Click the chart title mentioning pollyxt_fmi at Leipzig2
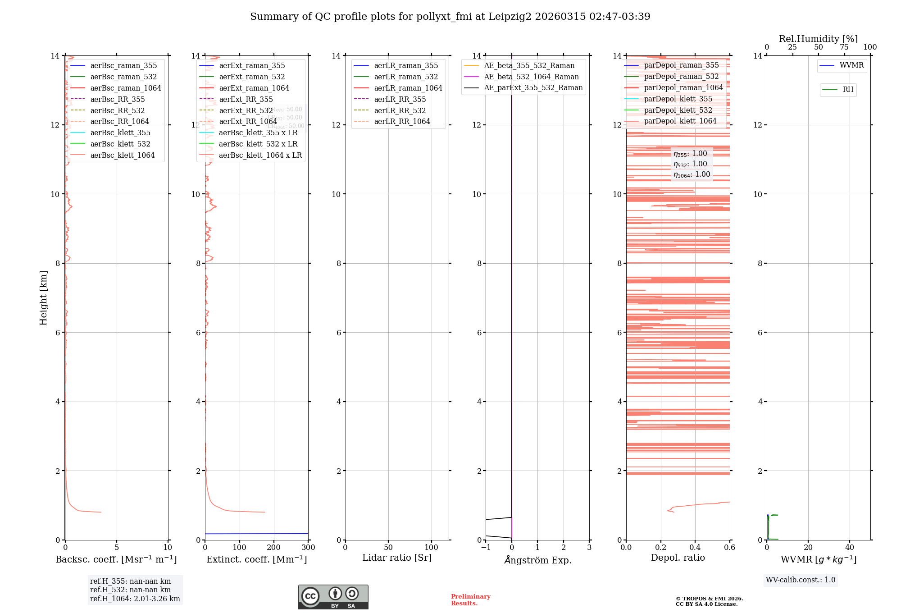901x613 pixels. pyautogui.click(x=450, y=17)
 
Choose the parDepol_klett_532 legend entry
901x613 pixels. pyautogui.click(x=678, y=110)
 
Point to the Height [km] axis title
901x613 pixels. pyautogui.click(x=43, y=297)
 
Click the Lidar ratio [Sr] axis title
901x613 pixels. pyautogui.click(x=397, y=558)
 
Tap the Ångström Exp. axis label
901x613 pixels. pyautogui.click(x=537, y=560)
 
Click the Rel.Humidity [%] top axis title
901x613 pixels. pyautogui.click(x=818, y=39)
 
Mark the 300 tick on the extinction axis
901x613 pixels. pyautogui.click(x=308, y=547)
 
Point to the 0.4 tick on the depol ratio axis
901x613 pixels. pyautogui.click(x=695, y=547)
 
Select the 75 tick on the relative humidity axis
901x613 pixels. pyautogui.click(x=844, y=47)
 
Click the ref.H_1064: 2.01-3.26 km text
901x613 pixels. pyautogui.click(x=135, y=599)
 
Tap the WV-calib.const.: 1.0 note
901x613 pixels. pyautogui.click(x=801, y=580)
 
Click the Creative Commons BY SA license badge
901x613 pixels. pyautogui.click(x=333, y=597)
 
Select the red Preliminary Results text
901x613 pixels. pyautogui.click(x=470, y=599)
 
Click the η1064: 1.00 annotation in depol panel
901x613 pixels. pyautogui.click(x=692, y=174)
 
